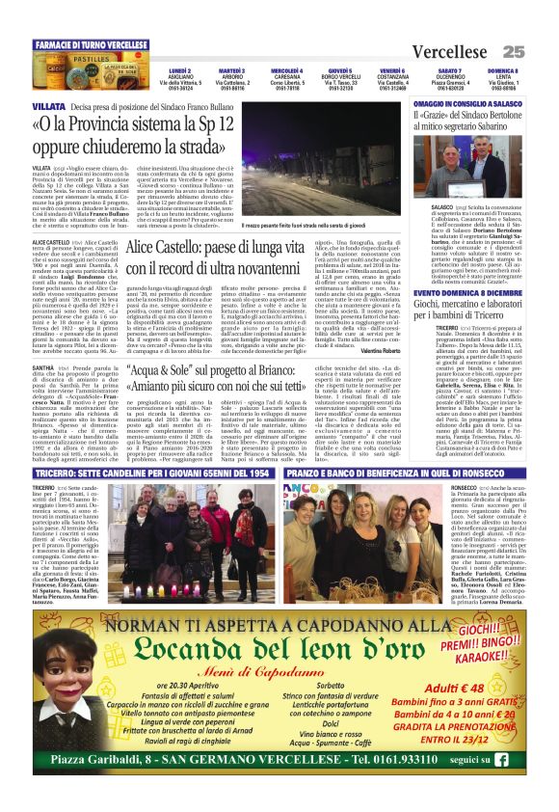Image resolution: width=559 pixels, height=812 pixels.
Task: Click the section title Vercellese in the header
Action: coord(455,50)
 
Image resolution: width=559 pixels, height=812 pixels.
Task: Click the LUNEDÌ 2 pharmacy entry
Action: coord(179,85)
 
